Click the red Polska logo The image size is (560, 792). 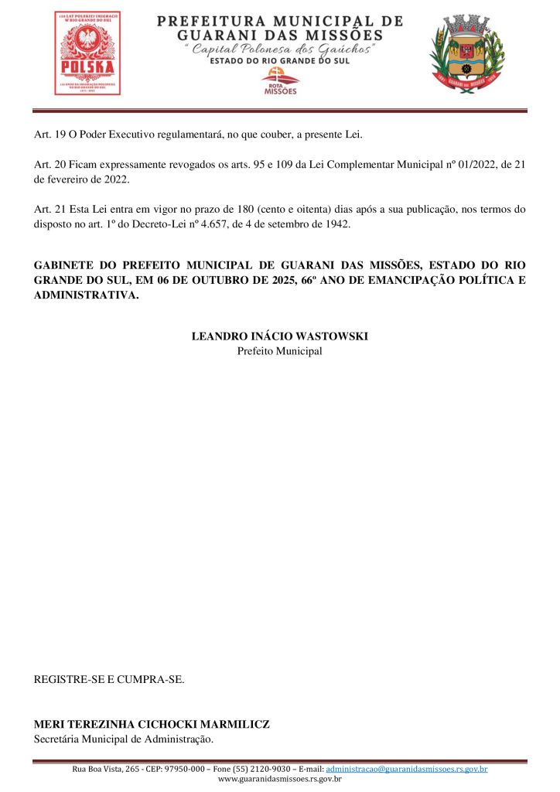[x=87, y=53]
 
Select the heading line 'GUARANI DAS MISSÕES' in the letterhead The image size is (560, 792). [x=280, y=35]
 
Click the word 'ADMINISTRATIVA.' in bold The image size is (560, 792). [x=87, y=295]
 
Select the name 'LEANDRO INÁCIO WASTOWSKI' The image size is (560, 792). [x=280, y=336]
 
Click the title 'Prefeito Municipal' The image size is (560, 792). [x=280, y=350]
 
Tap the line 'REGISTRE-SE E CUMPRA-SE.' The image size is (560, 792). [x=109, y=680]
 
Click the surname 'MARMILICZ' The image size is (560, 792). [x=235, y=725]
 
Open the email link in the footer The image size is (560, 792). [x=407, y=769]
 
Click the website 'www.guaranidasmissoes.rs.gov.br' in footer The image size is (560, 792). [x=280, y=779]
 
